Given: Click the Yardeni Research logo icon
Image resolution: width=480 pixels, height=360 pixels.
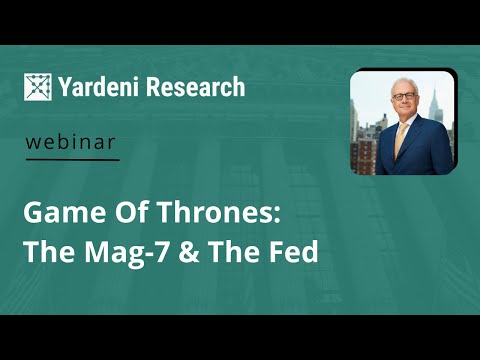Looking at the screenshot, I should point(39,87).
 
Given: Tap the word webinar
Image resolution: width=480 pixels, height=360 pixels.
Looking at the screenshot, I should point(71,142).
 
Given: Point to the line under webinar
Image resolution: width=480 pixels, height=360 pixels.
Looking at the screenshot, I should point(71,159).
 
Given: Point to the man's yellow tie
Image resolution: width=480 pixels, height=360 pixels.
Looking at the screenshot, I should point(400,139).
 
